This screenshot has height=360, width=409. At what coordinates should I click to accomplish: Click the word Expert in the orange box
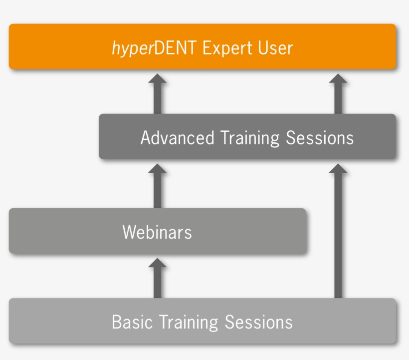(x=227, y=48)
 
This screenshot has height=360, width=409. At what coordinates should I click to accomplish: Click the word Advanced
(x=177, y=137)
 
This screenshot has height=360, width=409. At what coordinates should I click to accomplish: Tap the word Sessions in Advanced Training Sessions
(x=320, y=137)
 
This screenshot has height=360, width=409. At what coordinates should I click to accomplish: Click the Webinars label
(x=157, y=232)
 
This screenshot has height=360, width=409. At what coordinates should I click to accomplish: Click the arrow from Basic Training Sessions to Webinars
(x=158, y=279)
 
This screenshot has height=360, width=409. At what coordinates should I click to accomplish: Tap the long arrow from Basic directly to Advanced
(x=338, y=232)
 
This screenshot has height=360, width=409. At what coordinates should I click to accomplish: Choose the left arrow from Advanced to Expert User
(x=158, y=94)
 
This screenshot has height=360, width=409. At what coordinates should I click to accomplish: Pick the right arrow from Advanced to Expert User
(x=338, y=94)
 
